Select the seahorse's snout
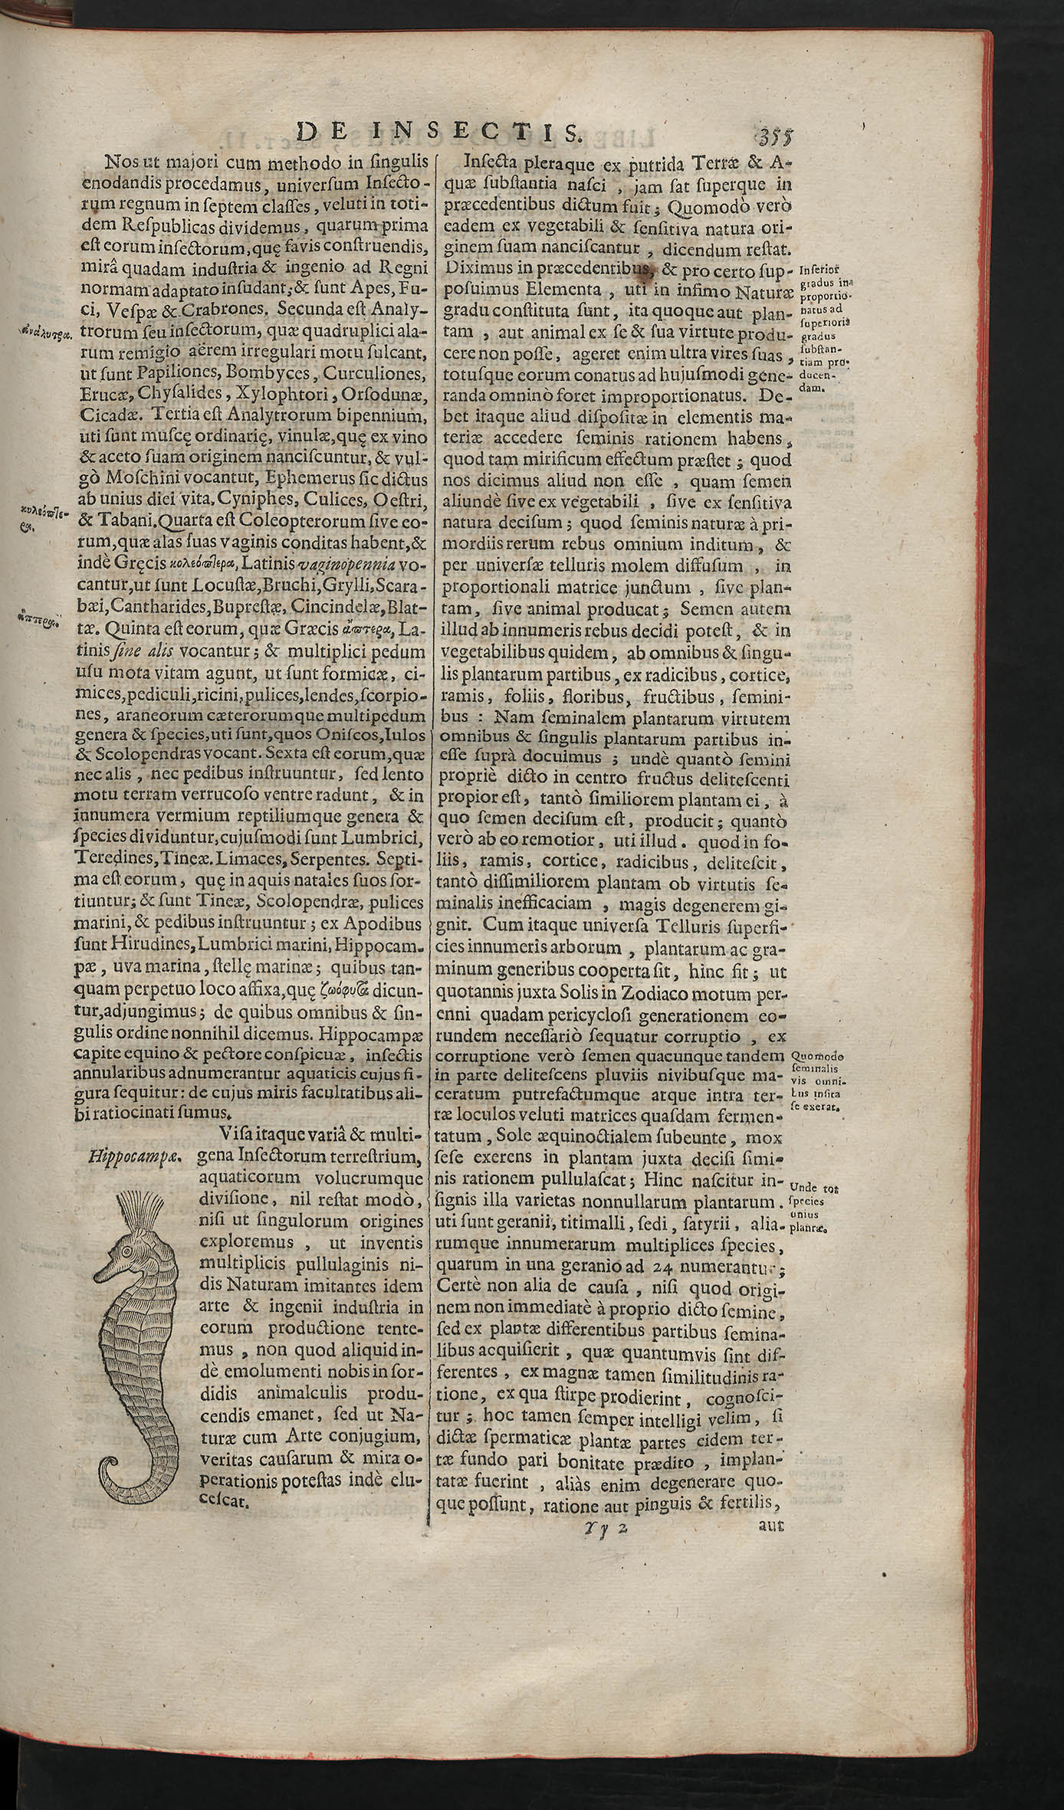coord(106,1272)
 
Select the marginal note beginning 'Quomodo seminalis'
coord(816,1080)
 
